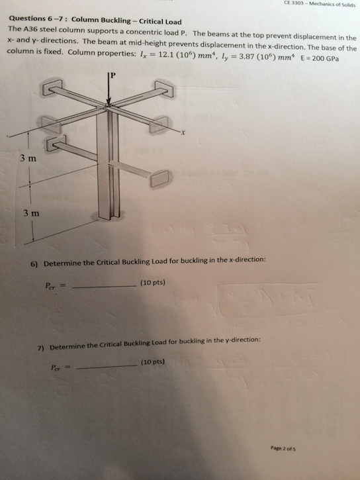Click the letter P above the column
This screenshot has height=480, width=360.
(x=113, y=75)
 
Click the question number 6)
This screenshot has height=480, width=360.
(x=34, y=263)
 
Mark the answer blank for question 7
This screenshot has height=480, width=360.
(x=107, y=367)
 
